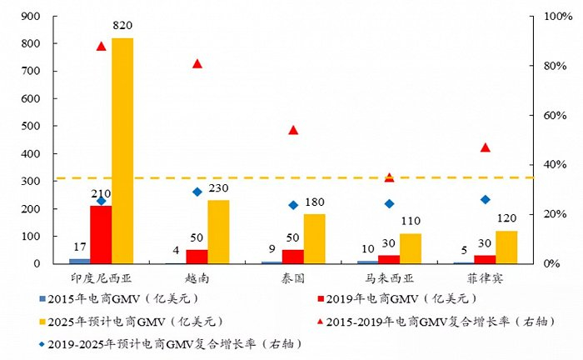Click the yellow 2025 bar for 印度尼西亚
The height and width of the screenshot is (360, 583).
(x=122, y=151)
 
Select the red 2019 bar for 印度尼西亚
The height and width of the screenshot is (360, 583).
(x=101, y=234)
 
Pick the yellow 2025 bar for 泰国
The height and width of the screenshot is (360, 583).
(x=314, y=238)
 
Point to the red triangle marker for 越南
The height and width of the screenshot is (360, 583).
(x=197, y=63)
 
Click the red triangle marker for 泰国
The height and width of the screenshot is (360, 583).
(x=293, y=130)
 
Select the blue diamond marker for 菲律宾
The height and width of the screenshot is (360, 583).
(x=486, y=199)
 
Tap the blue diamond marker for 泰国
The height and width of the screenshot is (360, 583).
(x=293, y=205)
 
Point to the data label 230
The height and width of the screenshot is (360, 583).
(x=218, y=189)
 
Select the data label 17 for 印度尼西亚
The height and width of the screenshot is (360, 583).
(x=79, y=247)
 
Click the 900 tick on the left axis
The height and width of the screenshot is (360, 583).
(x=30, y=17)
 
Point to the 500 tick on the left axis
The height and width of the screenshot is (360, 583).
(x=30, y=127)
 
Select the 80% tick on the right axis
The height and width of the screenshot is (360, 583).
(x=555, y=66)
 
